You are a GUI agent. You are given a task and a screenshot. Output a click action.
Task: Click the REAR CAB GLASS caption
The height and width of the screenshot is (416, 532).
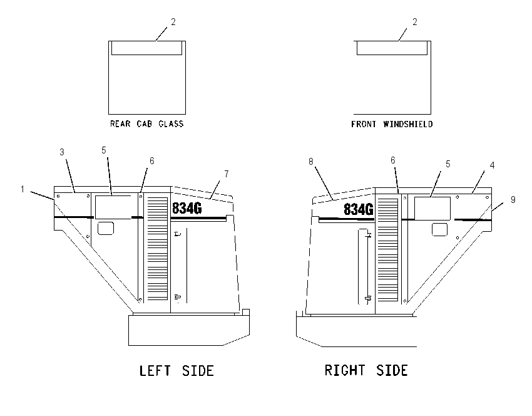[146, 123]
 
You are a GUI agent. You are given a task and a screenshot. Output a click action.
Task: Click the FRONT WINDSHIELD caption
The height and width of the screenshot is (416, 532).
[392, 124]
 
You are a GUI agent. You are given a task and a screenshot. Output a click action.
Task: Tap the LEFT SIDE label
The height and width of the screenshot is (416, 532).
[176, 370]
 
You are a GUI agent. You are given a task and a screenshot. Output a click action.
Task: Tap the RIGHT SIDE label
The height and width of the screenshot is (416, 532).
[366, 370]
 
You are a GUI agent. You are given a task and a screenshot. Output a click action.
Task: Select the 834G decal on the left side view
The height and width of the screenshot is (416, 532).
[187, 208]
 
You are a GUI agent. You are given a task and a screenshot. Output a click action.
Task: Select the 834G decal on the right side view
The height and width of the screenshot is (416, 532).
[359, 209]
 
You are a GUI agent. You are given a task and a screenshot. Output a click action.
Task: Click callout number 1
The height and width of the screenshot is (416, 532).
[23, 189]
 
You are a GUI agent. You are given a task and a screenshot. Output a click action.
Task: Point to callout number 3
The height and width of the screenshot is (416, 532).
[62, 152]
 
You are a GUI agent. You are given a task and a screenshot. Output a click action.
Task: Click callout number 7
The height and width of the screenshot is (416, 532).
[227, 174]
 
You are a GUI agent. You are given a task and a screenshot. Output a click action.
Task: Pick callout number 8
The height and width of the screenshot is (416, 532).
[311, 161]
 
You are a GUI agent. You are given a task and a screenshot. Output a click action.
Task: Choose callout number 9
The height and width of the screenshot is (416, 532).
[513, 200]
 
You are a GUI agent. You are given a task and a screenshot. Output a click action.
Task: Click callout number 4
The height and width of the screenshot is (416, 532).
[492, 165]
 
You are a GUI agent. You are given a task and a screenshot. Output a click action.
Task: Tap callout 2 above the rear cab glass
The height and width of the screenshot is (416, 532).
[173, 22]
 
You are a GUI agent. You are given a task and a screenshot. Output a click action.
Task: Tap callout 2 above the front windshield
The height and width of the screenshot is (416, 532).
[414, 22]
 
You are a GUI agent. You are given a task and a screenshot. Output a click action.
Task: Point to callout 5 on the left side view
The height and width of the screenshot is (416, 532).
[104, 150]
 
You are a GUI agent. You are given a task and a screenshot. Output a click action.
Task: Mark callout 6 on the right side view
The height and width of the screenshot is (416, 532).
[393, 160]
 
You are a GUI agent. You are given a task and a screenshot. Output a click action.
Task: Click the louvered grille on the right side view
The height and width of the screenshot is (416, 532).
[388, 250]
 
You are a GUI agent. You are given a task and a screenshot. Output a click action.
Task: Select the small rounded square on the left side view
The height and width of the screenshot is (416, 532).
[106, 228]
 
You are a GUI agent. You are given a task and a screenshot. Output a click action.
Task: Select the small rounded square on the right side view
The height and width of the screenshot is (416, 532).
[440, 229]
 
